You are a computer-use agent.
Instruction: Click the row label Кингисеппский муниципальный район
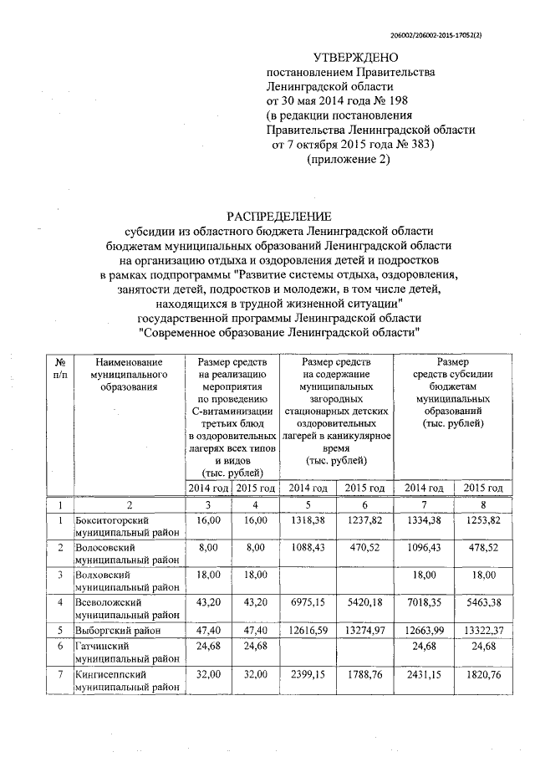125,682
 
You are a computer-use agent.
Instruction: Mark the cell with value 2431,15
422,676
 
